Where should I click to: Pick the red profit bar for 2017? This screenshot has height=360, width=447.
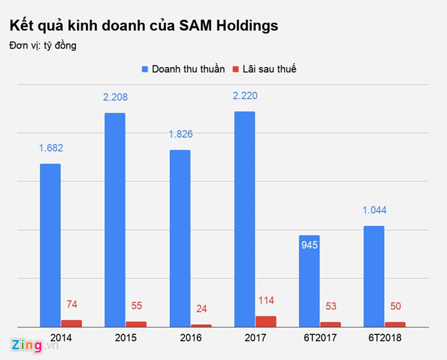pos(266,321)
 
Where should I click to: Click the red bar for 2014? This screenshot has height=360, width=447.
pos(71,323)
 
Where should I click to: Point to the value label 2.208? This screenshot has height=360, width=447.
pos(115,97)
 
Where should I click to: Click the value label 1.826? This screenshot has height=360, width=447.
pos(180,135)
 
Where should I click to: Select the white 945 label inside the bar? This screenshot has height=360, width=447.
pos(310,244)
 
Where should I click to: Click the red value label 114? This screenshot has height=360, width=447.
pos(266,300)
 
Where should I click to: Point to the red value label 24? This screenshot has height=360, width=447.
pos(202,309)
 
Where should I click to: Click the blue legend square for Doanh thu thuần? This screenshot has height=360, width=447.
pos(145,69)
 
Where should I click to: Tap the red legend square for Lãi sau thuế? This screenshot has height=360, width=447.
pos(237,69)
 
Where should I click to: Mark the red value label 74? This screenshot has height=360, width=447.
pos(72,305)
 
